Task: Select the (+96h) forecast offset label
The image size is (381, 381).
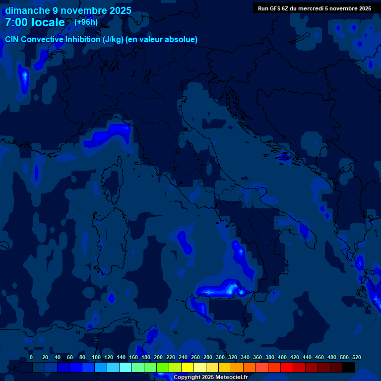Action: tap(86, 22)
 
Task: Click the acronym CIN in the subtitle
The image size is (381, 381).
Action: tap(13, 39)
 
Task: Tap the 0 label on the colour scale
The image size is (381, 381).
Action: tap(31, 357)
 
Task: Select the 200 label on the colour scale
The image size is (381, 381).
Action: tap(158, 357)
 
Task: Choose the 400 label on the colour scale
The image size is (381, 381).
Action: tap(282, 357)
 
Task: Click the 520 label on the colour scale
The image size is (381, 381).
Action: tap(356, 357)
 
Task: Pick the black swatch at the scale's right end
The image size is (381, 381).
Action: tap(349, 367)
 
